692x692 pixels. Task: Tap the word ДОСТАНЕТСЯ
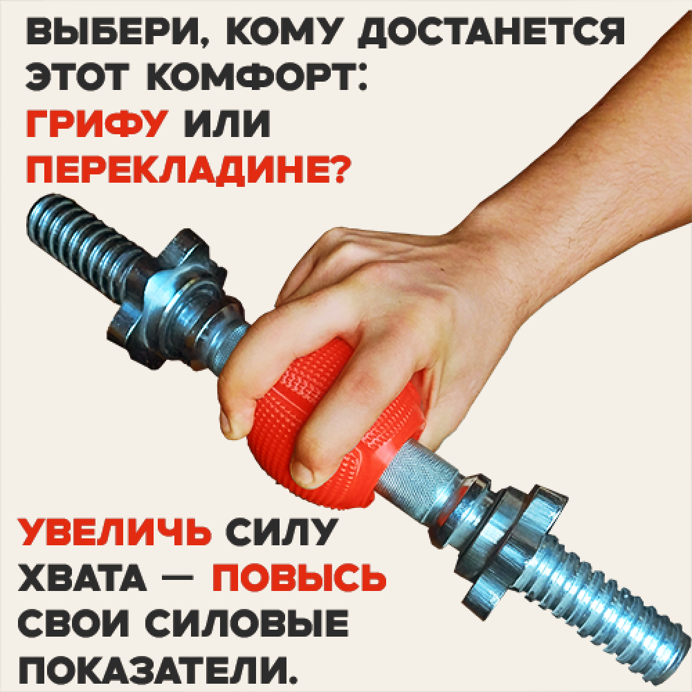click(491, 33)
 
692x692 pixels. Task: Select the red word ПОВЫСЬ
click(299, 577)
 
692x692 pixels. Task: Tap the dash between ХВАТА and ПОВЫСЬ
click(179, 577)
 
